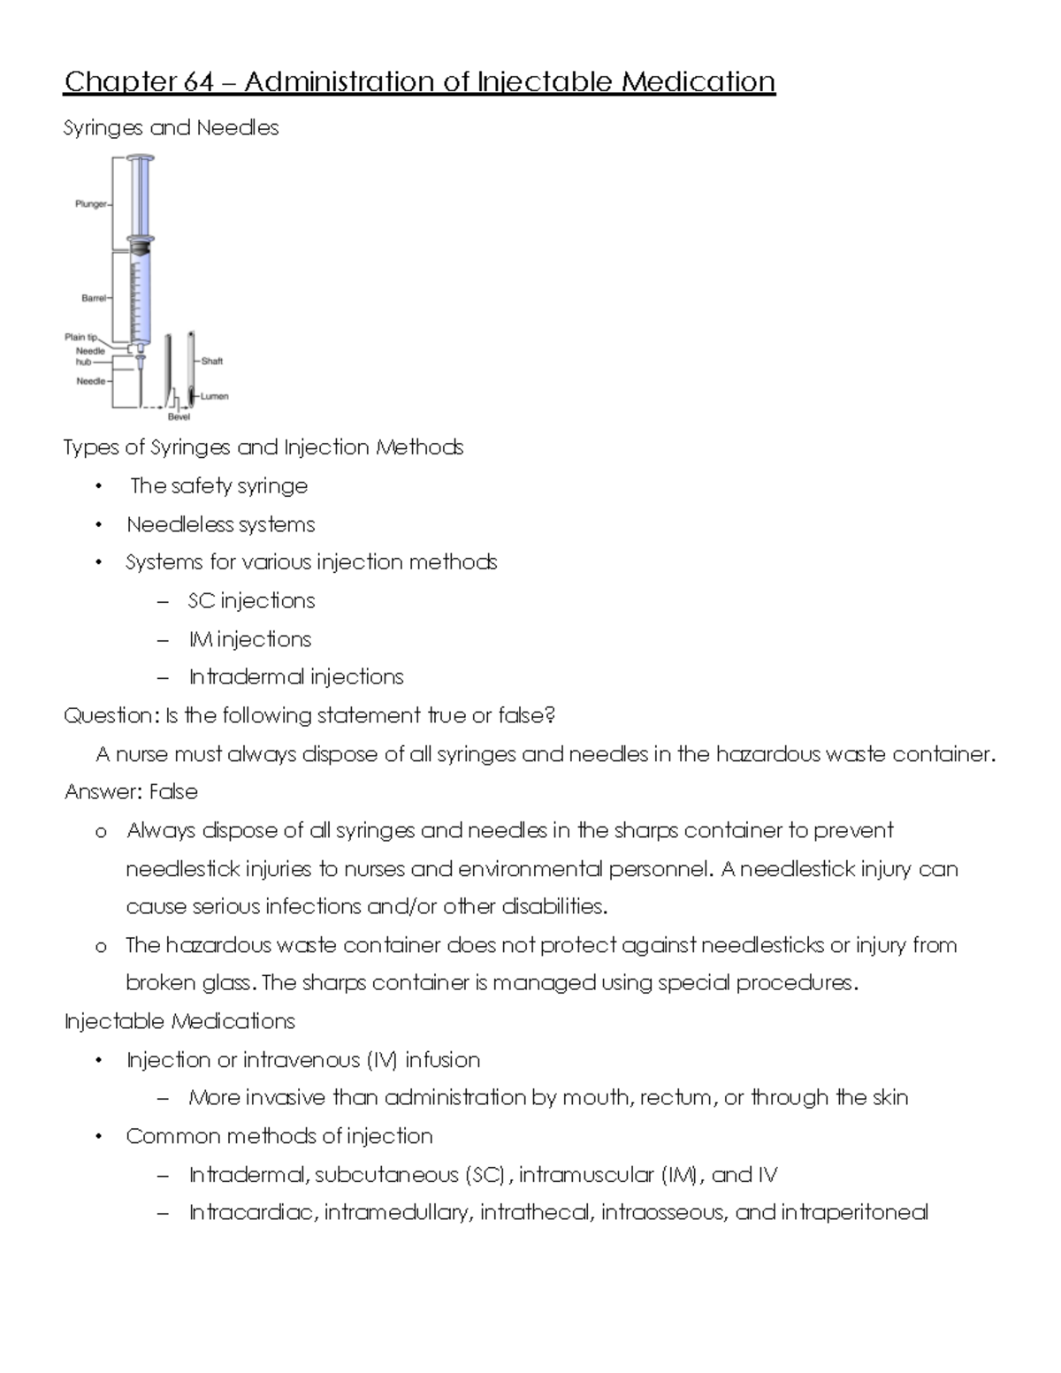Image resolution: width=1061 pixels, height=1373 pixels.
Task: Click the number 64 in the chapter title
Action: (199, 82)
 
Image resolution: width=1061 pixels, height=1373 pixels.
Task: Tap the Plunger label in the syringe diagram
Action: (89, 204)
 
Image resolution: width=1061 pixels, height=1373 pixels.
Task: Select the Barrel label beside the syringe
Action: (93, 299)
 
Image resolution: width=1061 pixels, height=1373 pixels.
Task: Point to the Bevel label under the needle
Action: (179, 416)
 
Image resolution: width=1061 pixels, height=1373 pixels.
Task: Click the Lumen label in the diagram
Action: (214, 396)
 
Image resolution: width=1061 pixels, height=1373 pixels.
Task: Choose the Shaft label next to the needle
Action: (212, 361)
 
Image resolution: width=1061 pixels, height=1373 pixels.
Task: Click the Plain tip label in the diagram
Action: (81, 337)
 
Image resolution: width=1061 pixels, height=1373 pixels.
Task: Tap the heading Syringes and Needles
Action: (171, 128)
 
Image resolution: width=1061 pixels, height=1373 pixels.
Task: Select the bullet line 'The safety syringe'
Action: (218, 486)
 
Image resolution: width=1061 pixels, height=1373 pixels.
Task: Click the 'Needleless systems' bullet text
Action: (220, 525)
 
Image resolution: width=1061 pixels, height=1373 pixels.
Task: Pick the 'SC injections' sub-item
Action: (251, 601)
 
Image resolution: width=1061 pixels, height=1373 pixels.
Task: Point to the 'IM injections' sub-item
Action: (249, 639)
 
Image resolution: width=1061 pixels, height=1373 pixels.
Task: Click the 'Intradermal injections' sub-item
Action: (295, 677)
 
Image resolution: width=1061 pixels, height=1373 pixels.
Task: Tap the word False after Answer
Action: (173, 792)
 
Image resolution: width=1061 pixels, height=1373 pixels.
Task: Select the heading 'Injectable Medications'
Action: (179, 1022)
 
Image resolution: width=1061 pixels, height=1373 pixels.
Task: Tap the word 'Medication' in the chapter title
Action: (698, 82)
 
